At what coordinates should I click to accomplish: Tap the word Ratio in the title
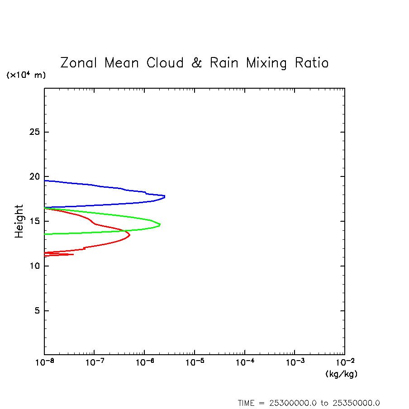(x=312, y=63)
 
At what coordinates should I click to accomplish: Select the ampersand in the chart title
(x=196, y=63)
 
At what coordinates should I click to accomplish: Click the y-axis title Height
(x=19, y=221)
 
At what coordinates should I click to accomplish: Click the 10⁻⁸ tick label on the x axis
(x=44, y=363)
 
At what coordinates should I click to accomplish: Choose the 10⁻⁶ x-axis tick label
(x=144, y=363)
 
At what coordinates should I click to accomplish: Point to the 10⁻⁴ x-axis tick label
(x=244, y=363)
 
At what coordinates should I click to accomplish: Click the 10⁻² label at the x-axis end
(x=344, y=363)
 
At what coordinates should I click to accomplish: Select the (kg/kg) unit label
(x=341, y=374)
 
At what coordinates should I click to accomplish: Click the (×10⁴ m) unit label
(x=26, y=75)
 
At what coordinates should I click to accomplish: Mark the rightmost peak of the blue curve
(x=165, y=196)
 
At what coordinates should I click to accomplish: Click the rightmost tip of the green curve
(x=160, y=224)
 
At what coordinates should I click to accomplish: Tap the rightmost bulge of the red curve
(x=130, y=235)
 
